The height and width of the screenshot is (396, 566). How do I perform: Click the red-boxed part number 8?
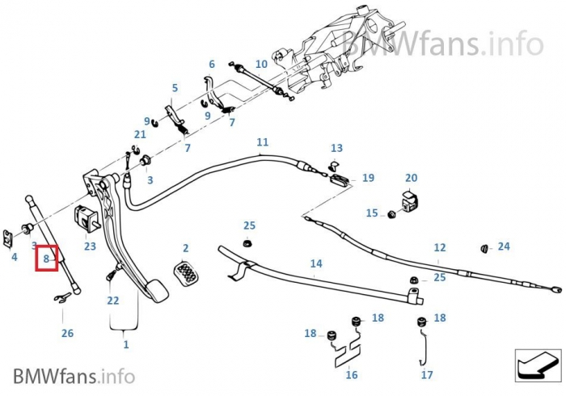(x=47, y=259)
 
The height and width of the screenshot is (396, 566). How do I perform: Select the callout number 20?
(x=411, y=178)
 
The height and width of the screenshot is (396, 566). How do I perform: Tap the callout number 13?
(x=336, y=148)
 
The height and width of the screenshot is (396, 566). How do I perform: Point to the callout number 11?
(x=262, y=142)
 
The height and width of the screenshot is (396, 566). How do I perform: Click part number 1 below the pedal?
(x=125, y=344)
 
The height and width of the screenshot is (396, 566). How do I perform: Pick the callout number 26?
(x=67, y=333)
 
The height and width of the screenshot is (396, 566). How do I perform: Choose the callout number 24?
(x=504, y=246)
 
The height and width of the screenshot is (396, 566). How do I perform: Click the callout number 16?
(x=351, y=374)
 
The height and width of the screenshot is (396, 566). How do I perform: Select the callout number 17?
(x=427, y=375)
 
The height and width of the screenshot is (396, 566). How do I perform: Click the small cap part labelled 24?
(x=484, y=246)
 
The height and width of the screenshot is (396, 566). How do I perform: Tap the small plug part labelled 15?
(x=391, y=215)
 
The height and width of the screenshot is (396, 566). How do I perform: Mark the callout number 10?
(x=261, y=64)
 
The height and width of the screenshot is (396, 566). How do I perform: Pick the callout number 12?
(x=440, y=247)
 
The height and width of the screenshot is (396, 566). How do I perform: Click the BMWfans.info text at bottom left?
(x=74, y=376)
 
